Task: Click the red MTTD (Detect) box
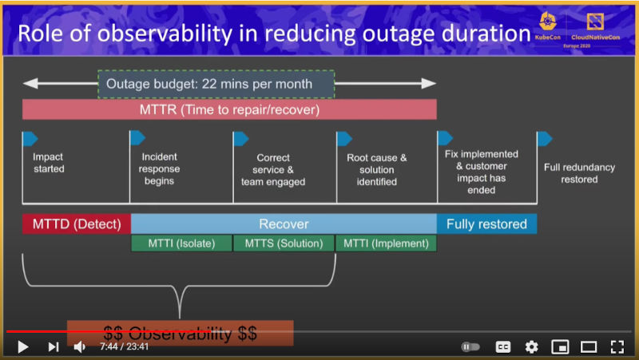[77, 224]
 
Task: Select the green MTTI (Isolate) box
[181, 243]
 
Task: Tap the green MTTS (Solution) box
[284, 243]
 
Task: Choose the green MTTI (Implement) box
[386, 243]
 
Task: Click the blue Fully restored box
[486, 224]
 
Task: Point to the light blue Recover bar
[284, 224]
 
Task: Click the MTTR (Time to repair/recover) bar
[229, 109]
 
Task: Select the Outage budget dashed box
[216, 84]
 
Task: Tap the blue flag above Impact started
[30, 139]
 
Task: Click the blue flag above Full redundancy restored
[545, 139]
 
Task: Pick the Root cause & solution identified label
[376, 169]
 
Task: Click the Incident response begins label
[159, 168]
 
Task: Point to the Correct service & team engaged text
[273, 169]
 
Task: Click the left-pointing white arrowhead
[30, 84]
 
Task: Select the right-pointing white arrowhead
[429, 84]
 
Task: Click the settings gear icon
[531, 346]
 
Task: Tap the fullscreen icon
[617, 346]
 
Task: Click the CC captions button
[503, 346]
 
